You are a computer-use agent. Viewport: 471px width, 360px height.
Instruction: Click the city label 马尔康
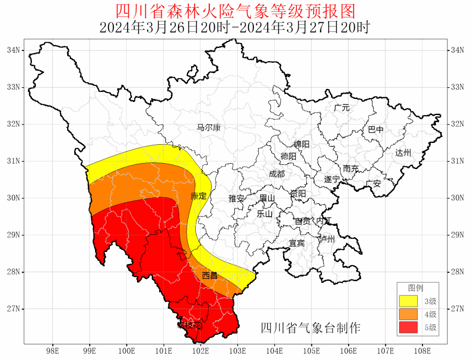(208, 128)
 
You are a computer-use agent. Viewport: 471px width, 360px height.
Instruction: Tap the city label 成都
(276, 174)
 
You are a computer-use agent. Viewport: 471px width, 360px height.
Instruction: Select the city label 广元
(342, 108)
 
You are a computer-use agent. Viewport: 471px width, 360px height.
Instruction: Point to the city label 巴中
(375, 130)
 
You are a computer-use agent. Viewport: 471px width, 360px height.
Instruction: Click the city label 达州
(403, 153)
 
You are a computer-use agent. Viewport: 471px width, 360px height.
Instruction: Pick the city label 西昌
(210, 275)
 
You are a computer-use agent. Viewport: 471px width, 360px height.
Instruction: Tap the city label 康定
(198, 196)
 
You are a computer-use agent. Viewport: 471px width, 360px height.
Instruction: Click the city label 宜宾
(297, 243)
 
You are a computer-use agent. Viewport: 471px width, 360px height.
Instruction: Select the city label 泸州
(327, 239)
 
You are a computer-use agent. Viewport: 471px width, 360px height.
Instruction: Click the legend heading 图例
(415, 288)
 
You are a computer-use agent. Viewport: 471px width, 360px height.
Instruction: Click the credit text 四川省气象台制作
(311, 328)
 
